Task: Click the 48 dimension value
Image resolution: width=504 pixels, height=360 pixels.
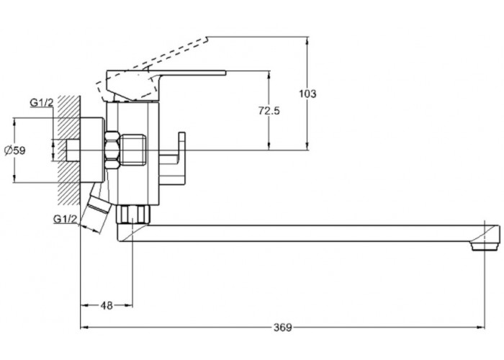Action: coord(107,305)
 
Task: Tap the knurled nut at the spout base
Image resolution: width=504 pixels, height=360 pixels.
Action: coord(134,214)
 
